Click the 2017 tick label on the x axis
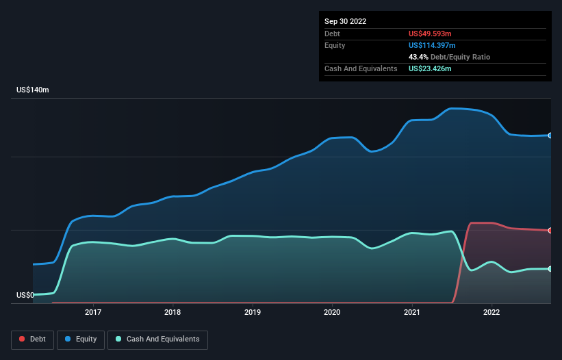click(93, 312)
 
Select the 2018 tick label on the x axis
click(173, 312)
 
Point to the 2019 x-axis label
click(253, 312)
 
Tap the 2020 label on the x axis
click(332, 312)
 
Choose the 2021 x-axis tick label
click(412, 312)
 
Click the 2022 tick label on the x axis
click(491, 312)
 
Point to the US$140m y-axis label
click(33, 90)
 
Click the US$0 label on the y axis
click(26, 295)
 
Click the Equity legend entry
click(81, 339)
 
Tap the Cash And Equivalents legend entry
click(157, 339)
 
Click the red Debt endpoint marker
click(550, 231)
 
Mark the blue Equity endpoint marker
click(550, 136)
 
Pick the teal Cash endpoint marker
click(550, 269)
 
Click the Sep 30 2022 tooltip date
click(345, 21)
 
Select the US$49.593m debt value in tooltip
click(430, 34)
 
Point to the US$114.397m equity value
click(432, 45)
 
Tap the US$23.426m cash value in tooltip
click(430, 68)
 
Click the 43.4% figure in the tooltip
click(418, 57)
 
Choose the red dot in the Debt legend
click(23, 339)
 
